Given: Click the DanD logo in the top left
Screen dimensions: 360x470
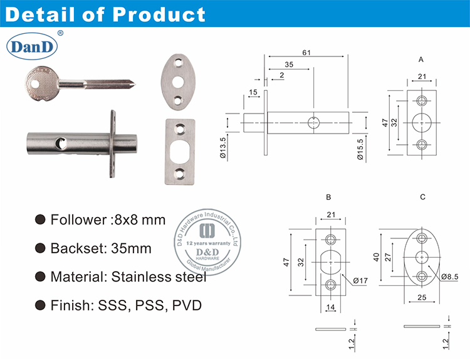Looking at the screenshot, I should (31, 46).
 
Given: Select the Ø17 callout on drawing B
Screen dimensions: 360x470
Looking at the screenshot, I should (360, 281).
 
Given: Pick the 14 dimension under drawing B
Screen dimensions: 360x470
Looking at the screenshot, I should (330, 307).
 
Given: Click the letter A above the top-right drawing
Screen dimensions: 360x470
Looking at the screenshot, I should (422, 60).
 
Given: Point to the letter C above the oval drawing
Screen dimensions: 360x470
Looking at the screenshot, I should (423, 197).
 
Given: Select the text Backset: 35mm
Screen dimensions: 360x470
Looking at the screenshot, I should (101, 248).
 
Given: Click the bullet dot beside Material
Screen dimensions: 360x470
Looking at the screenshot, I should (41, 277).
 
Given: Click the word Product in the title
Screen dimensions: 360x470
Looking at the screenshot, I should (162, 14).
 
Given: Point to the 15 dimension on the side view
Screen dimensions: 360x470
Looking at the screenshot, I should (253, 93).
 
